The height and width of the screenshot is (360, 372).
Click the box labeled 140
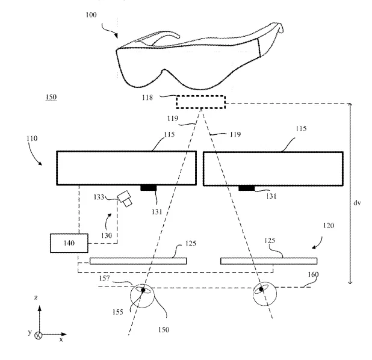[69, 243]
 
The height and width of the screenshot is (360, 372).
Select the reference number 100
[91, 14]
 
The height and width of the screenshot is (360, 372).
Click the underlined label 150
[51, 97]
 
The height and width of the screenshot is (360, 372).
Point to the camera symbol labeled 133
[125, 199]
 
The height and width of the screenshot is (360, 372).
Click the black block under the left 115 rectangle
[149, 188]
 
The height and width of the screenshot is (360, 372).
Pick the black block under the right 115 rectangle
[247, 188]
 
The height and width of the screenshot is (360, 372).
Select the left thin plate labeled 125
[138, 261]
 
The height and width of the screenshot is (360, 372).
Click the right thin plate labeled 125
[269, 261]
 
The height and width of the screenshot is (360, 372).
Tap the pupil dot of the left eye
[143, 290]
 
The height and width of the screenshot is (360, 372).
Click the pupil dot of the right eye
[261, 289]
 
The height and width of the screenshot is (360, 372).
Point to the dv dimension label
[357, 203]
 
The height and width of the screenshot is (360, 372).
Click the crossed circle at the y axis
[39, 335]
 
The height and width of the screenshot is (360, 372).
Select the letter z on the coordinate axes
[36, 297]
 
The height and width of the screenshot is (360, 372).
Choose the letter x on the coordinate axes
[61, 340]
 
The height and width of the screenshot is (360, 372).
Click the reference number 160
[313, 275]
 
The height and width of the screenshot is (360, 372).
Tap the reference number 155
[118, 312]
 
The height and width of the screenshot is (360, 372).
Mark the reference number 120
[329, 225]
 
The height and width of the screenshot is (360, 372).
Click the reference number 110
[32, 138]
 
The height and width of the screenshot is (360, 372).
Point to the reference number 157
[104, 278]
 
